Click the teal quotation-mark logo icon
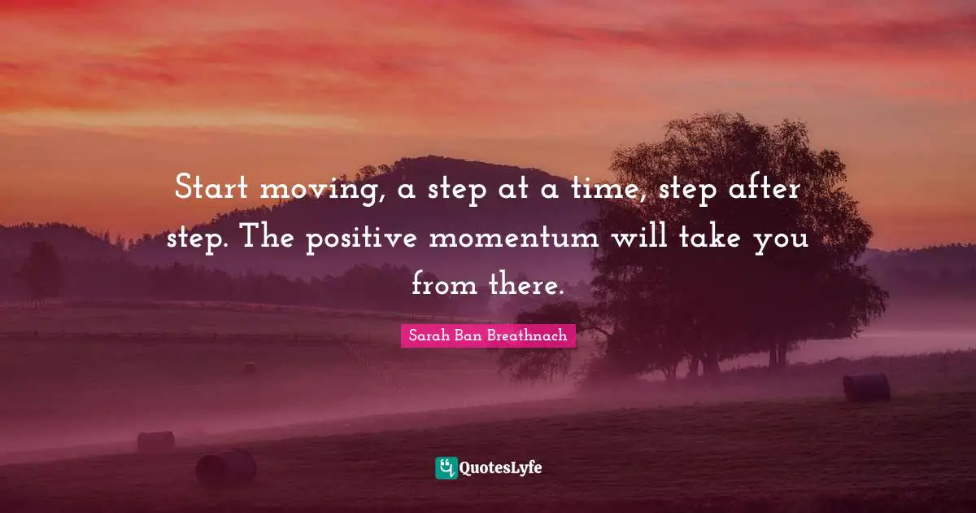tap(446, 467)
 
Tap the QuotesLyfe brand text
tap(500, 468)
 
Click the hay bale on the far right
tap(865, 388)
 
